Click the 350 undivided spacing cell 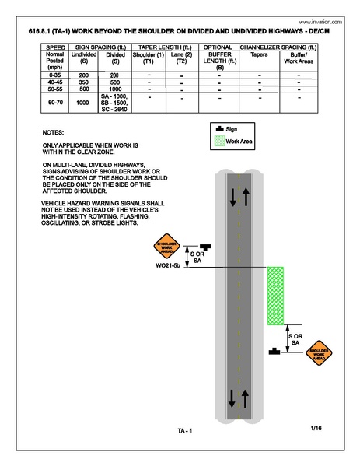point(82,81)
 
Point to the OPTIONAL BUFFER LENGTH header point(218,58)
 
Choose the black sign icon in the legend point(218,128)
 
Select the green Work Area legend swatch point(218,142)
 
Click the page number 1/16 point(316,428)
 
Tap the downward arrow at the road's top point(231,198)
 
